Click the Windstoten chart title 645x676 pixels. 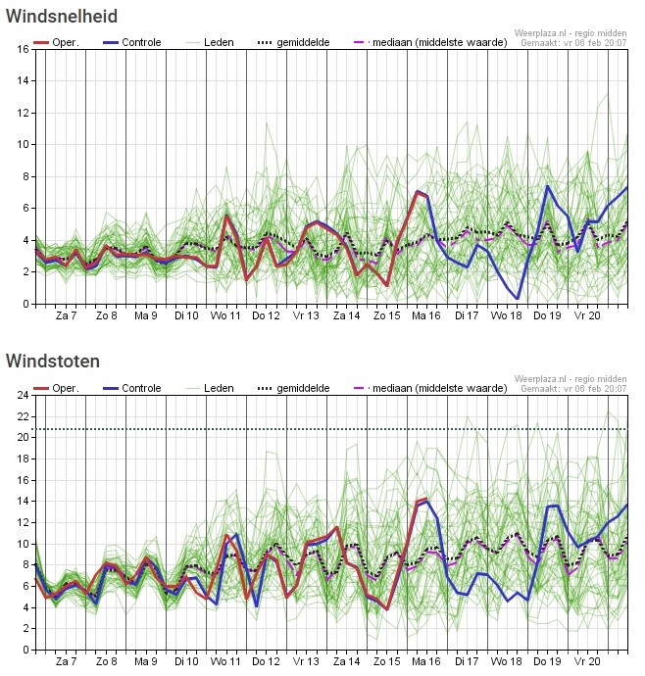(52, 362)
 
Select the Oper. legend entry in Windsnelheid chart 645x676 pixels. (57, 43)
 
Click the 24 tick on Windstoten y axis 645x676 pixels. (22, 395)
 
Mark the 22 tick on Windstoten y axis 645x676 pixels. (22, 416)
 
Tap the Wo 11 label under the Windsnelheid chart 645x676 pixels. (225, 316)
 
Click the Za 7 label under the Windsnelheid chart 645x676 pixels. (66, 316)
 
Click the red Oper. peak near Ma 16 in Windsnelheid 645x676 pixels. (418, 192)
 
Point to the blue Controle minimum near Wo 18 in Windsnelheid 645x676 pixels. (518, 298)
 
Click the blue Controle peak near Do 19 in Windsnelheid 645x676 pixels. (548, 186)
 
